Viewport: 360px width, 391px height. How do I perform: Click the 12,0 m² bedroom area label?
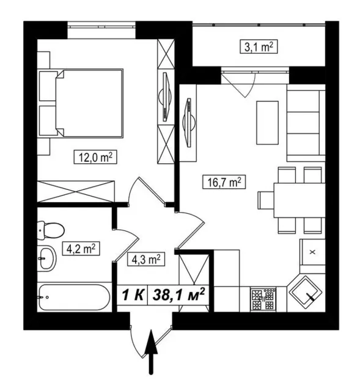[x=95, y=157]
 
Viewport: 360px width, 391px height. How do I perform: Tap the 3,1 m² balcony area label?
[x=259, y=46]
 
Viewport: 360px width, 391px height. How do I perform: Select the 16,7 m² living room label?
[x=224, y=182]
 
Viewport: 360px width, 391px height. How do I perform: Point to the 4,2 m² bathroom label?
[x=81, y=249]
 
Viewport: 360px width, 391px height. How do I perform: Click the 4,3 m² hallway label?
[x=146, y=259]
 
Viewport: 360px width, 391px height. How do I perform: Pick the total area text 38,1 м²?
[x=178, y=295]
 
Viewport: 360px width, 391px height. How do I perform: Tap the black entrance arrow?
[x=151, y=352]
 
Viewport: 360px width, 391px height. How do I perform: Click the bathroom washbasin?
[x=47, y=258]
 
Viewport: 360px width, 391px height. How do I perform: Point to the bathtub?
[x=75, y=298]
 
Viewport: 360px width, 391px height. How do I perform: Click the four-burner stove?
[x=263, y=299]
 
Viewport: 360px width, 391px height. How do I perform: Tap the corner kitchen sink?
[x=306, y=291]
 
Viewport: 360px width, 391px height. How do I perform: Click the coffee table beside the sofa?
[x=267, y=122]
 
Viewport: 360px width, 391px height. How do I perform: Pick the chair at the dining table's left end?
[x=266, y=200]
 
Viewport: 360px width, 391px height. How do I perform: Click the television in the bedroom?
[x=165, y=97]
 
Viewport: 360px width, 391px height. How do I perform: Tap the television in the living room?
[x=189, y=122]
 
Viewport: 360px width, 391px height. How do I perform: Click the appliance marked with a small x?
[x=312, y=252]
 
